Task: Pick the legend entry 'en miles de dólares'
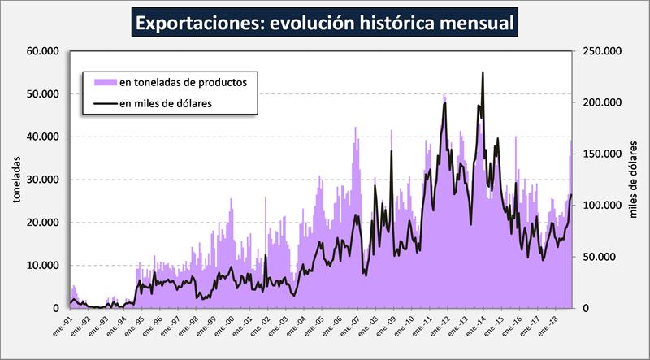click(x=166, y=103)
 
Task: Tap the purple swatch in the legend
click(x=105, y=82)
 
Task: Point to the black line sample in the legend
click(x=105, y=103)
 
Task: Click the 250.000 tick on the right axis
click(x=602, y=51)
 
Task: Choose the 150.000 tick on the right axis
click(x=602, y=154)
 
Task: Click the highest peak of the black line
click(x=483, y=72)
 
